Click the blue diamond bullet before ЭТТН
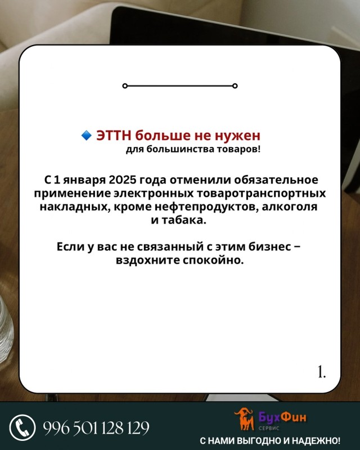(86, 135)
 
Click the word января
(84, 181)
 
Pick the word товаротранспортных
(261, 193)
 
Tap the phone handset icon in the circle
(22, 427)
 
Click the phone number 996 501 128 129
(96, 428)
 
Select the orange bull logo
(244, 418)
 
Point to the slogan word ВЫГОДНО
(260, 440)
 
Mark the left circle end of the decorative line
(124, 86)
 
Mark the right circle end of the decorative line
(235, 86)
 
